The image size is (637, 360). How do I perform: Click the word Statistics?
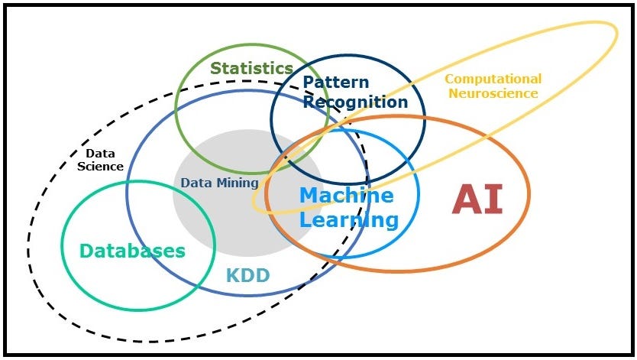click(x=251, y=69)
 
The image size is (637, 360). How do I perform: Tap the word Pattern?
click(x=335, y=83)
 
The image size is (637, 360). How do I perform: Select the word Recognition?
click(x=355, y=102)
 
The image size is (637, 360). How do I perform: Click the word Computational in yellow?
click(x=493, y=79)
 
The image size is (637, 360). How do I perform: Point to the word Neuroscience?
click(x=493, y=93)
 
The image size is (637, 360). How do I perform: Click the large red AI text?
click(x=477, y=199)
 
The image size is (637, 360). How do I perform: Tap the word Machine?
click(x=346, y=196)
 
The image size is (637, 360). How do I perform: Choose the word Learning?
click(x=349, y=221)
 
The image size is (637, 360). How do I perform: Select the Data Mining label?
click(x=219, y=183)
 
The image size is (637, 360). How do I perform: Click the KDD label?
click(x=247, y=275)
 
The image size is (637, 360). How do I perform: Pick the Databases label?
click(x=133, y=251)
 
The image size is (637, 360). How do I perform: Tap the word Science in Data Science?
click(x=105, y=166)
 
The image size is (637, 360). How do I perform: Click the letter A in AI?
click(x=467, y=199)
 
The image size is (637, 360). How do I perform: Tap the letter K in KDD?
click(x=231, y=275)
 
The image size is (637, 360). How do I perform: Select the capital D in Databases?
click(x=87, y=251)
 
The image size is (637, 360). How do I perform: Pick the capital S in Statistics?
click(x=216, y=69)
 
